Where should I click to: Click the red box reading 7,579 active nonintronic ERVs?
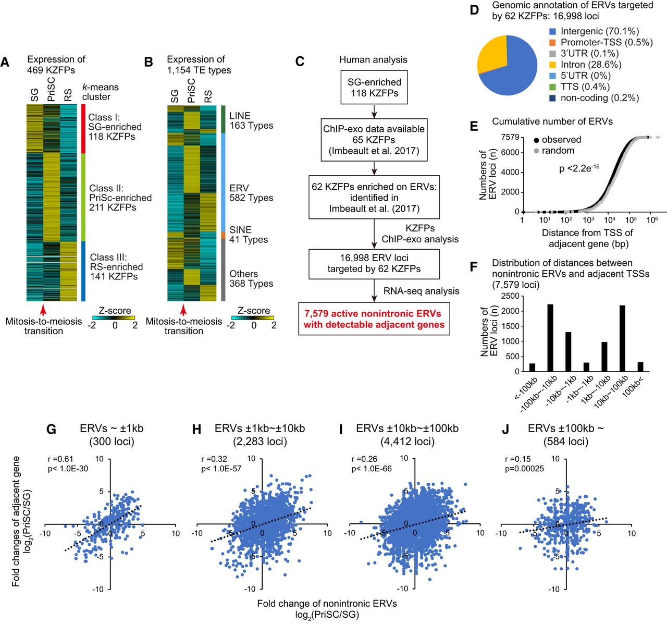pyautogui.click(x=374, y=319)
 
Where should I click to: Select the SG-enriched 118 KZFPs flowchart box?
pyautogui.click(x=374, y=88)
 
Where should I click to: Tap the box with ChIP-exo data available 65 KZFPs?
pyautogui.click(x=374, y=140)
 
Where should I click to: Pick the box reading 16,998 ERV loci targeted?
pyautogui.click(x=374, y=263)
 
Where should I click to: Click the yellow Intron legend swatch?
pyautogui.click(x=552, y=65)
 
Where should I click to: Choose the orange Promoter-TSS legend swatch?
pyautogui.click(x=552, y=43)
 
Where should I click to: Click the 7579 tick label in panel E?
pyautogui.click(x=510, y=137)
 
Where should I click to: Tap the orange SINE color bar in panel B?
pyautogui.click(x=223, y=235)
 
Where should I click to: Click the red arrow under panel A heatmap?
pyautogui.click(x=43, y=310)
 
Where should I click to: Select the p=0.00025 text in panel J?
pyautogui.click(x=525, y=469)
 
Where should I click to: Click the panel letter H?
pyautogui.click(x=197, y=429)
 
